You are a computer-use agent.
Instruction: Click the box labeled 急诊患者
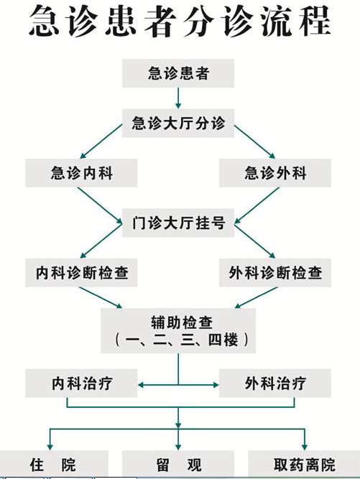178,73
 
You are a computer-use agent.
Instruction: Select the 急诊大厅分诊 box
178,123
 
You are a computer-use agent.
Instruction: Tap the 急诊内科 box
81,173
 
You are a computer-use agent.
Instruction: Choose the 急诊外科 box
275,173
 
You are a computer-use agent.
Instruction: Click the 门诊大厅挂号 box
178,223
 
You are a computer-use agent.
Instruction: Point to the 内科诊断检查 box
81,272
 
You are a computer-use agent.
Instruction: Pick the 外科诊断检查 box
275,272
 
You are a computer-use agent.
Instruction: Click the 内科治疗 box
81,383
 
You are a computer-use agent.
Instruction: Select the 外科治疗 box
275,383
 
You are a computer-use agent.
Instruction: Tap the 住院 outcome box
54,465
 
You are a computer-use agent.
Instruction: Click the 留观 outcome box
178,465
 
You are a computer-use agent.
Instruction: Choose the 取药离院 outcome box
304,465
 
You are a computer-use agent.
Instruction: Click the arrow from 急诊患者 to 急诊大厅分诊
178,98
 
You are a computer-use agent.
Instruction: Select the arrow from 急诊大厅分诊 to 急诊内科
101,141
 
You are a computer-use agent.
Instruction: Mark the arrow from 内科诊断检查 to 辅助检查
101,297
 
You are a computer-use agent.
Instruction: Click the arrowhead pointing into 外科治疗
216,385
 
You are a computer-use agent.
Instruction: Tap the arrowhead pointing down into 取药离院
304,447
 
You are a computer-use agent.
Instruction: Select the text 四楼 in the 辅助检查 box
223,340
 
